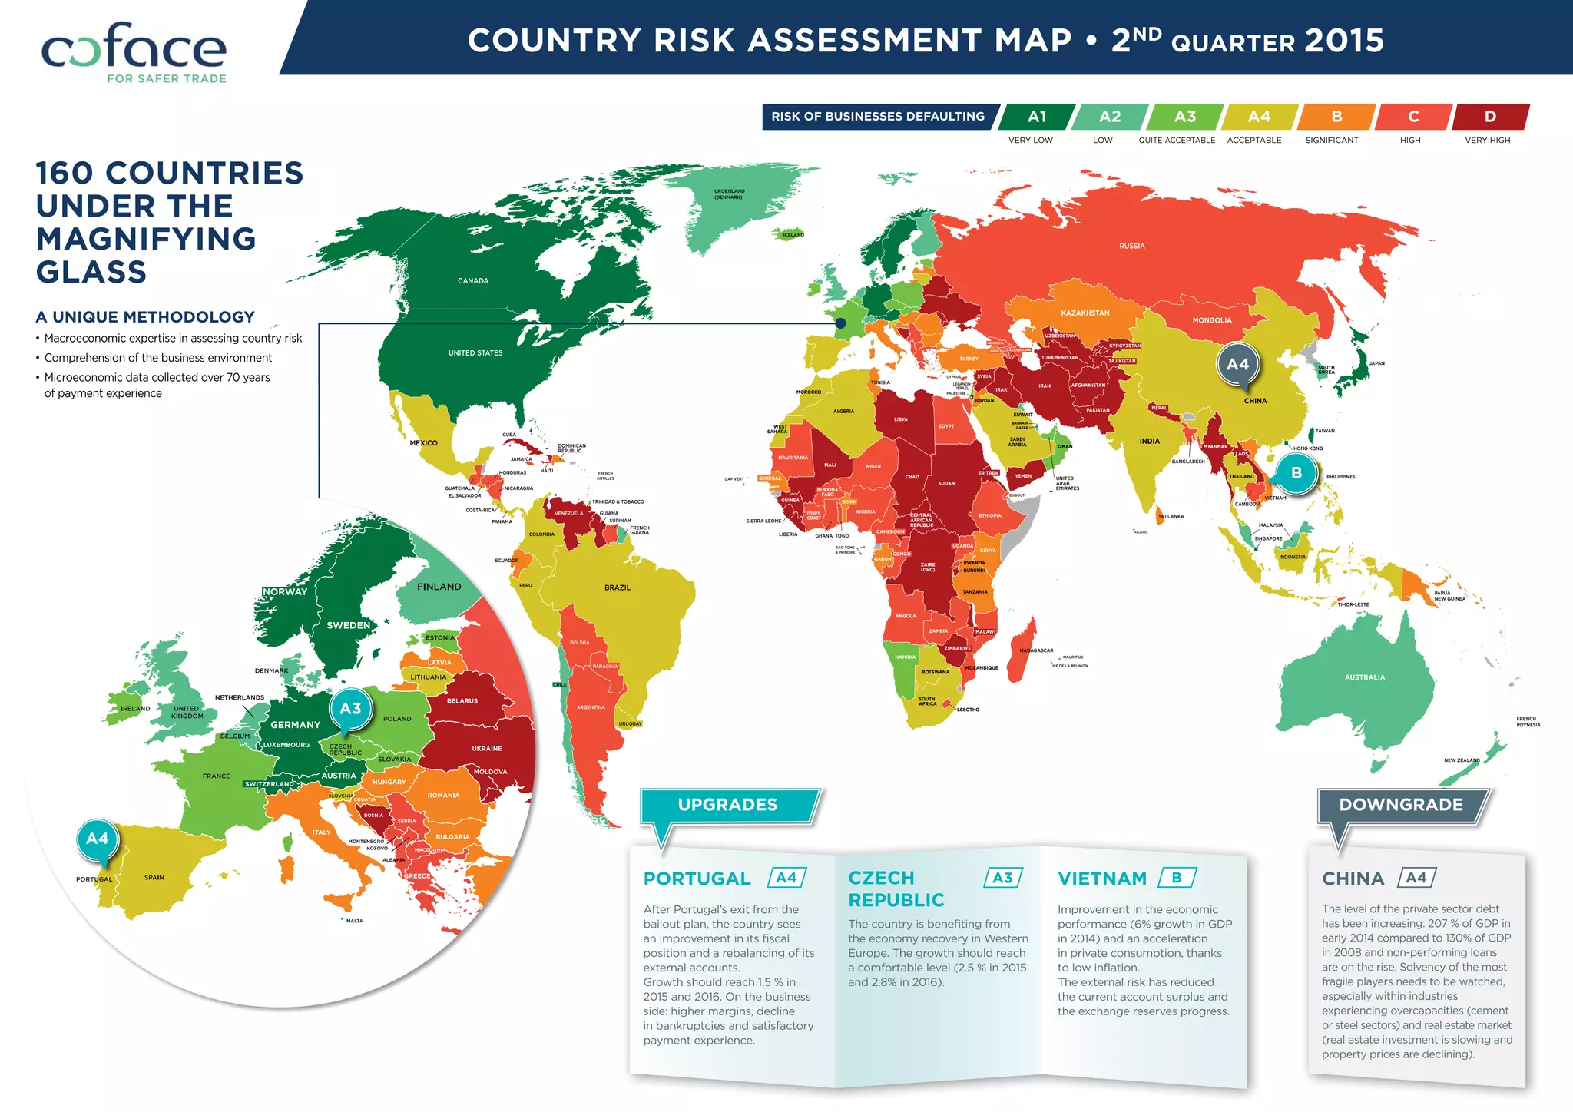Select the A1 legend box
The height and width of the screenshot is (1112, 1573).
1037,117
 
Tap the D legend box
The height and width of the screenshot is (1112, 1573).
1489,117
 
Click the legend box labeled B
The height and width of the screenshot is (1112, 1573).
1336,117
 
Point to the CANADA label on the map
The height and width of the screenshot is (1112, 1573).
473,281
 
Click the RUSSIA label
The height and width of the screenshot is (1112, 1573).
1132,247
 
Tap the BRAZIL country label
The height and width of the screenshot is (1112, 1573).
617,587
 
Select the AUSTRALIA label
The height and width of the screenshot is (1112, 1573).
1365,677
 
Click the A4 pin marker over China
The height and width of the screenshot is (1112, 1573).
1237,365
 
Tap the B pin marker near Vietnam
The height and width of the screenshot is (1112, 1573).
1296,473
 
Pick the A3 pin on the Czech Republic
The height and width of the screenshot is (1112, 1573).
350,709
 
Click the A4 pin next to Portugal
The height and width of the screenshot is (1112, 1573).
98,839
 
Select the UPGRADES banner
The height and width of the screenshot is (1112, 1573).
727,805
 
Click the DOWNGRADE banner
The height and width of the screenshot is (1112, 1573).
1401,805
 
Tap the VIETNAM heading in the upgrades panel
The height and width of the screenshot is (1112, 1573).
1102,879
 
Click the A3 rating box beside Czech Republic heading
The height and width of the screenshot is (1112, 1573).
1002,878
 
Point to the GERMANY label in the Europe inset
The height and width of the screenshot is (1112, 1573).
295,725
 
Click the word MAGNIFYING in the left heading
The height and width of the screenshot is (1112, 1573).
146,239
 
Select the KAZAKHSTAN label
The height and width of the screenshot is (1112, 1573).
1085,313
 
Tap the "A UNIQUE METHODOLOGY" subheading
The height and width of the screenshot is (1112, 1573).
145,317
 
